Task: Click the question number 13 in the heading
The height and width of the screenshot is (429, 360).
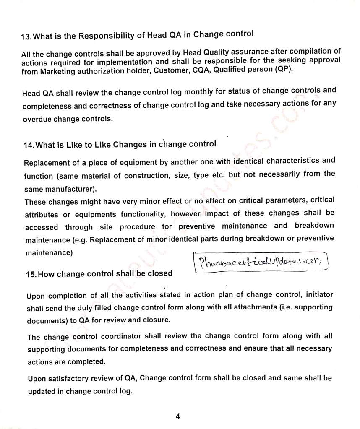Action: click(x=26, y=37)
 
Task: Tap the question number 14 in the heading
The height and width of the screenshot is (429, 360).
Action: click(x=29, y=146)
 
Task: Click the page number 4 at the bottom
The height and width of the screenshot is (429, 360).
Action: click(x=178, y=416)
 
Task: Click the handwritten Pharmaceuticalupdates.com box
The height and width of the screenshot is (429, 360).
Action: click(x=260, y=263)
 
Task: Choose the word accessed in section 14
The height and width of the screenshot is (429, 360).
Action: click(x=42, y=228)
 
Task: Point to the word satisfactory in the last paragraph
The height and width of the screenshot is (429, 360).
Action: click(x=74, y=379)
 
